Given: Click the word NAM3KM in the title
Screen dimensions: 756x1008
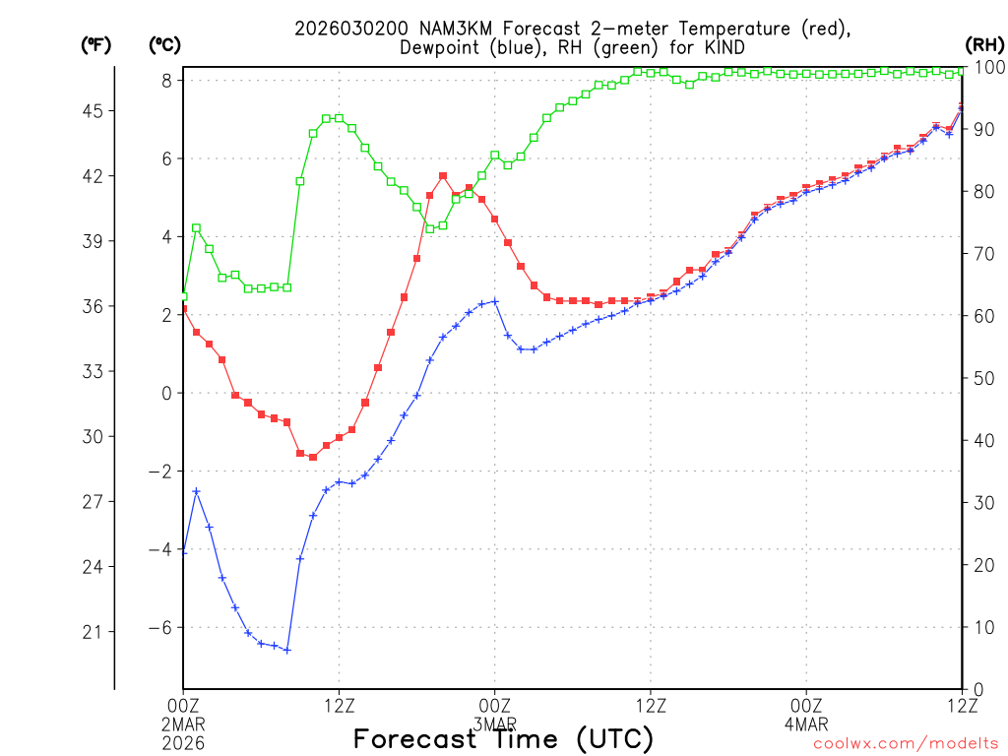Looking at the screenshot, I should (x=437, y=30).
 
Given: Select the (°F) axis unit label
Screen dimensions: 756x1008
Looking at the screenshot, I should (x=95, y=44).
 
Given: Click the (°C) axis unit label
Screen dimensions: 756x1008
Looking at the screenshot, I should (x=164, y=44).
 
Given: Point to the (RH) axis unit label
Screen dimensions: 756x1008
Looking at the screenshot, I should (x=983, y=44).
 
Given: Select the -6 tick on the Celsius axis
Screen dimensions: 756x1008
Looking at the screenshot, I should (x=160, y=628).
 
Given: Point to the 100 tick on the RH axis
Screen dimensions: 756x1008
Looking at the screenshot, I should (x=987, y=67).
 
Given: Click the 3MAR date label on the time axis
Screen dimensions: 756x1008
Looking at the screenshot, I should (x=495, y=724).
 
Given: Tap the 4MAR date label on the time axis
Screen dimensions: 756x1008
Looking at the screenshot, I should (x=806, y=724).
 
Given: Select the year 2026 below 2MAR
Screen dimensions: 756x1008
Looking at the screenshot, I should (x=184, y=742).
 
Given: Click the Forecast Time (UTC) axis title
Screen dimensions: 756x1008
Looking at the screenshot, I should (x=503, y=738).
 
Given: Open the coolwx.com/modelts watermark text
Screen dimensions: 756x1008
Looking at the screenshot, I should (x=905, y=744).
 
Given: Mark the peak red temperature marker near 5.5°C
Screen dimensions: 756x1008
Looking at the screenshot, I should (x=443, y=176).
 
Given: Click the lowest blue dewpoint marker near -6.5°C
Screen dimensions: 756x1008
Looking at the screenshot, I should (x=287, y=650).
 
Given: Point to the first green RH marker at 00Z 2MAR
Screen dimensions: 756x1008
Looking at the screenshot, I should (x=183, y=295).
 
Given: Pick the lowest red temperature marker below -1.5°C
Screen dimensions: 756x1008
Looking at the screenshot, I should (x=313, y=457).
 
